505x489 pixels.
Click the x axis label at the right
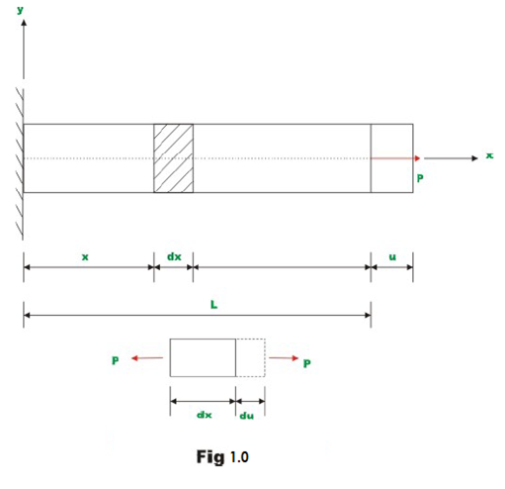click(x=488, y=155)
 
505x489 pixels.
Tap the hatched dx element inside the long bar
click(x=173, y=158)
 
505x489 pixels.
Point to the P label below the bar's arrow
click(x=420, y=179)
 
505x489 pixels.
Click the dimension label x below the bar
click(x=86, y=256)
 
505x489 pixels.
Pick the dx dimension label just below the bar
click(x=173, y=256)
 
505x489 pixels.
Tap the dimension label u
click(x=392, y=256)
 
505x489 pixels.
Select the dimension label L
click(x=213, y=305)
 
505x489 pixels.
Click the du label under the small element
click(x=246, y=416)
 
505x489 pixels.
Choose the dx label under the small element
click(x=202, y=415)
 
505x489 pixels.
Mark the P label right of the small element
click(x=307, y=363)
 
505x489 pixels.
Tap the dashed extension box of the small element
click(x=251, y=357)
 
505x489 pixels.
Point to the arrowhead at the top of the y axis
click(x=23, y=21)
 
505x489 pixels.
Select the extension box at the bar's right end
click(x=391, y=158)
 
